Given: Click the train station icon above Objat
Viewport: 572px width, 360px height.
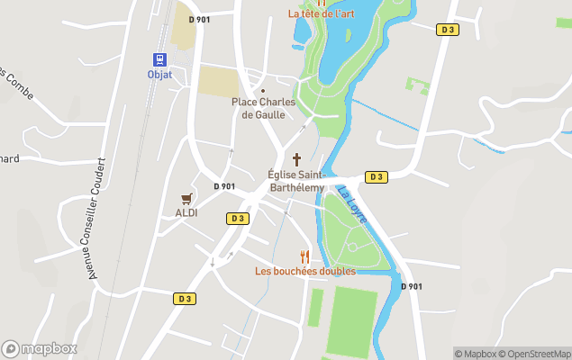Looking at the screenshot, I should [x=159, y=59].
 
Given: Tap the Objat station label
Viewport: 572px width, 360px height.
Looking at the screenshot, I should [x=159, y=75].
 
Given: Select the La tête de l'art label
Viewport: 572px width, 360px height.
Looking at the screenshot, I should [x=321, y=13].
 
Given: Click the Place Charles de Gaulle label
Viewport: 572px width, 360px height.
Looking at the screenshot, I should [x=263, y=108].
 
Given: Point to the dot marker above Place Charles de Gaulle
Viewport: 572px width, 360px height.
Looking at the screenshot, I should [x=263, y=91].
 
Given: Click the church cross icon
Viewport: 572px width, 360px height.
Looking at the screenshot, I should [x=296, y=158].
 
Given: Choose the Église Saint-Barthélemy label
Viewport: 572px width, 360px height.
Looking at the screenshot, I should [x=296, y=180].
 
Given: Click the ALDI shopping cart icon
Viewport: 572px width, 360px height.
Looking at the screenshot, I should [x=186, y=198].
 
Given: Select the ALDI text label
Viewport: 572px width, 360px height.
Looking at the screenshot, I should [x=186, y=213].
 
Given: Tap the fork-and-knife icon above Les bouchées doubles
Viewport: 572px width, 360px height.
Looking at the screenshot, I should [x=304, y=256].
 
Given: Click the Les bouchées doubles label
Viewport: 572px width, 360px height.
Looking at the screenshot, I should [x=304, y=271].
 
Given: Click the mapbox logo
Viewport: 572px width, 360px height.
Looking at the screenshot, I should [x=39, y=348].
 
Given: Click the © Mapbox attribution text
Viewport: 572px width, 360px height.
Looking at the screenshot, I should [x=476, y=354].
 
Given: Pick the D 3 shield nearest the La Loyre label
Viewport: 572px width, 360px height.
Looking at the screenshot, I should [x=376, y=176].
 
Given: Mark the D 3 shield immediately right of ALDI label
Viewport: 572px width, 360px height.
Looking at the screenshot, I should [x=236, y=218].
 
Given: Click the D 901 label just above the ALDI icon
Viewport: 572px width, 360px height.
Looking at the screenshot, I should [x=224, y=186].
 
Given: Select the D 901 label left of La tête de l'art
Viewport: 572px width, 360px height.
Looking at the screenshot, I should [x=199, y=19].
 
